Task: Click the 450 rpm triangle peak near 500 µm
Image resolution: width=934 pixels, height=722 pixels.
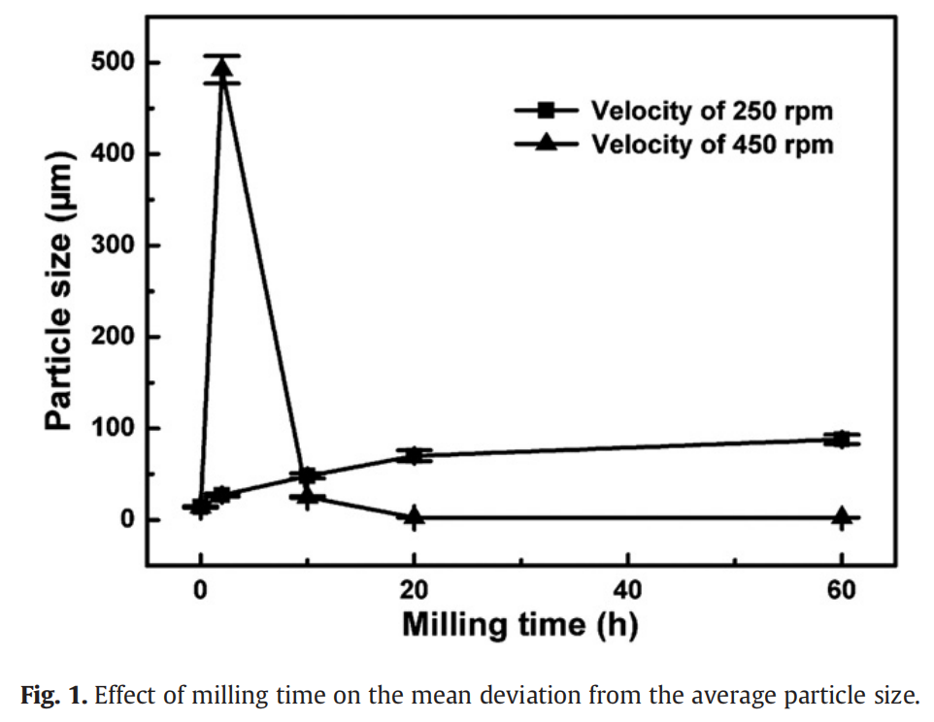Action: (222, 69)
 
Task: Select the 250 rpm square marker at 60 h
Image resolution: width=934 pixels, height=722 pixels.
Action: (842, 439)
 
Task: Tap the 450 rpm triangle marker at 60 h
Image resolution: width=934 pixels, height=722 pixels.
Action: (842, 515)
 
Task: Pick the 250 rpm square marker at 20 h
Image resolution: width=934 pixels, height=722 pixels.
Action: (415, 455)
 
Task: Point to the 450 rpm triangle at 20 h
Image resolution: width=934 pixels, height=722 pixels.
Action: (415, 515)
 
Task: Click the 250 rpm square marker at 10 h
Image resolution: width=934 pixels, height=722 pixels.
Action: (308, 476)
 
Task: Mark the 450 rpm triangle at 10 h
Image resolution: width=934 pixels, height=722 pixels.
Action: (308, 497)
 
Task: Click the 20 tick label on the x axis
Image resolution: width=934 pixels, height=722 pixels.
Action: (415, 589)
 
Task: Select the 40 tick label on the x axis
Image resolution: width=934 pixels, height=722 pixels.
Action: (628, 589)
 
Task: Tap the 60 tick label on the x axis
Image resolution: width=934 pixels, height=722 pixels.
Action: (842, 589)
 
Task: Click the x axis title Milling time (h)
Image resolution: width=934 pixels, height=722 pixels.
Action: (519, 624)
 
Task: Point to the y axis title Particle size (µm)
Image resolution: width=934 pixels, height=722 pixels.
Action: (60, 291)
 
